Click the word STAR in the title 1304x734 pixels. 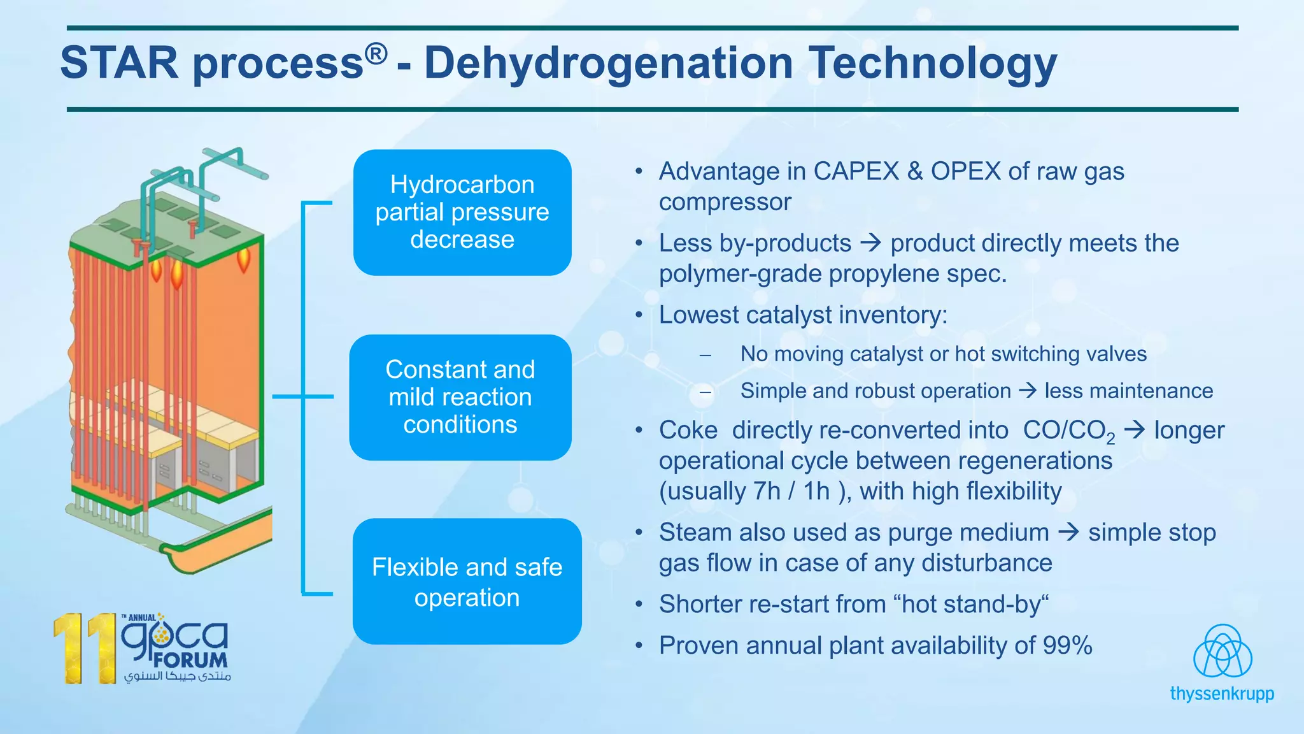(119, 63)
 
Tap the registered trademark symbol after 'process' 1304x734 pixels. (376, 54)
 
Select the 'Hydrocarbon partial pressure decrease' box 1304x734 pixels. (462, 212)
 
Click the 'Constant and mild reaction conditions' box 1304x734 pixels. (460, 397)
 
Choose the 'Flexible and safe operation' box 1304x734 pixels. (467, 582)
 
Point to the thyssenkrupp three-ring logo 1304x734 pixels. (1222, 652)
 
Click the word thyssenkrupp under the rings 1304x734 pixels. (1222, 693)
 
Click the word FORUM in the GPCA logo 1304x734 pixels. (190, 659)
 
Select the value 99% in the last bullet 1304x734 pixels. (1067, 645)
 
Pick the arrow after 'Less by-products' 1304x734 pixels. (870, 243)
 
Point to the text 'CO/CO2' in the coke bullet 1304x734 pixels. (1068, 431)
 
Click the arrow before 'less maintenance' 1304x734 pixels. (1028, 391)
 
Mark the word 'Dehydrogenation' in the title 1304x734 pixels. (609, 63)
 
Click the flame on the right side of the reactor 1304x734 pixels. (243, 259)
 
